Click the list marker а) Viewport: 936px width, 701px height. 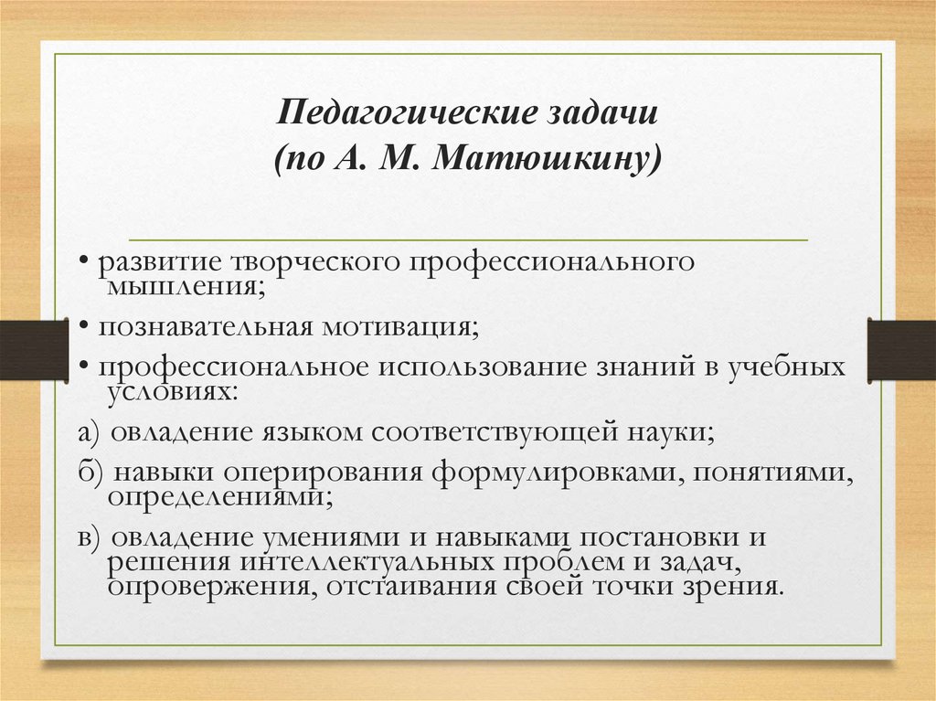click(x=89, y=431)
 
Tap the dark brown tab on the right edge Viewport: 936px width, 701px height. click(x=901, y=349)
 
